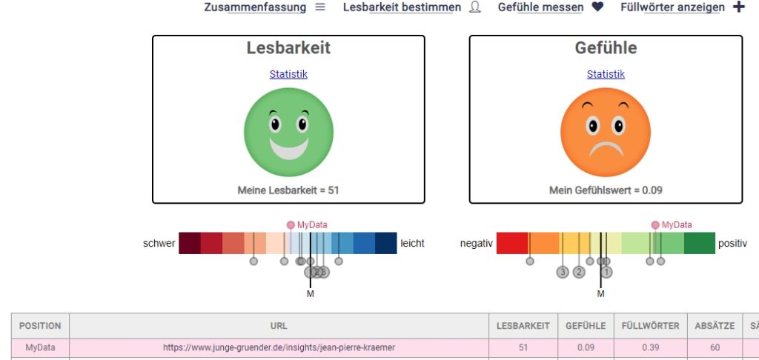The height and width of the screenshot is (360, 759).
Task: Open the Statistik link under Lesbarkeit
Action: click(x=288, y=74)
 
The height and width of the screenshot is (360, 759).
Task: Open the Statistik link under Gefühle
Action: click(x=606, y=74)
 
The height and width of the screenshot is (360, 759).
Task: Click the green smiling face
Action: click(x=288, y=132)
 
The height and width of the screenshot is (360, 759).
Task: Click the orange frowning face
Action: click(x=606, y=132)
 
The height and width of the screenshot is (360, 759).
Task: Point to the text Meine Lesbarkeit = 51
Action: click(x=288, y=190)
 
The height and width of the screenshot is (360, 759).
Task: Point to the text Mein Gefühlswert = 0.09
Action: click(x=606, y=190)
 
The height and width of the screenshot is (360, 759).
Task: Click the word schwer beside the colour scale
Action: click(x=159, y=243)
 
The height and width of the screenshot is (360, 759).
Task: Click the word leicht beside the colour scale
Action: click(x=412, y=243)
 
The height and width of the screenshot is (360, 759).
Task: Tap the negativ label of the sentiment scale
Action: click(x=476, y=243)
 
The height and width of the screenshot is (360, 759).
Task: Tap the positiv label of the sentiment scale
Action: click(x=732, y=243)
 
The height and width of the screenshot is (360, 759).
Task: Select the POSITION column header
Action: click(x=40, y=326)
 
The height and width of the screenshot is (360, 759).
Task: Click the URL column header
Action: click(x=279, y=326)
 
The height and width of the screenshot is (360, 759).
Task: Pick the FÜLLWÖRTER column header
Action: click(x=649, y=326)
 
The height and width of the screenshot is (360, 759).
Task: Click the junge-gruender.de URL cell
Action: click(x=279, y=347)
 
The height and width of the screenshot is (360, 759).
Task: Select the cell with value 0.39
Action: click(x=649, y=347)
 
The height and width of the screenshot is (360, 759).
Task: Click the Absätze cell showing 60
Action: click(x=715, y=347)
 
